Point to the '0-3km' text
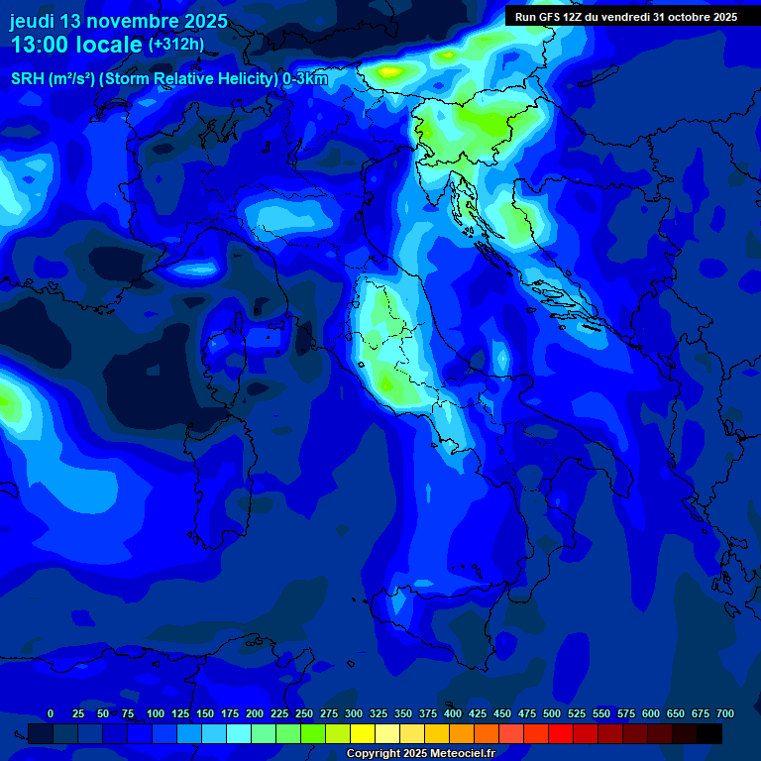point(305,79)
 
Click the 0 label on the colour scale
point(51,713)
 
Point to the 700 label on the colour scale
point(724,713)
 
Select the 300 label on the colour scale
point(354,713)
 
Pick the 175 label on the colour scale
point(230,713)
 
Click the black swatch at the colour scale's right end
point(709,733)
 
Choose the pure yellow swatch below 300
point(363,733)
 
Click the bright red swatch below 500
point(561,733)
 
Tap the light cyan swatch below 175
point(239,733)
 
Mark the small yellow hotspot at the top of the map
point(388,71)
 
